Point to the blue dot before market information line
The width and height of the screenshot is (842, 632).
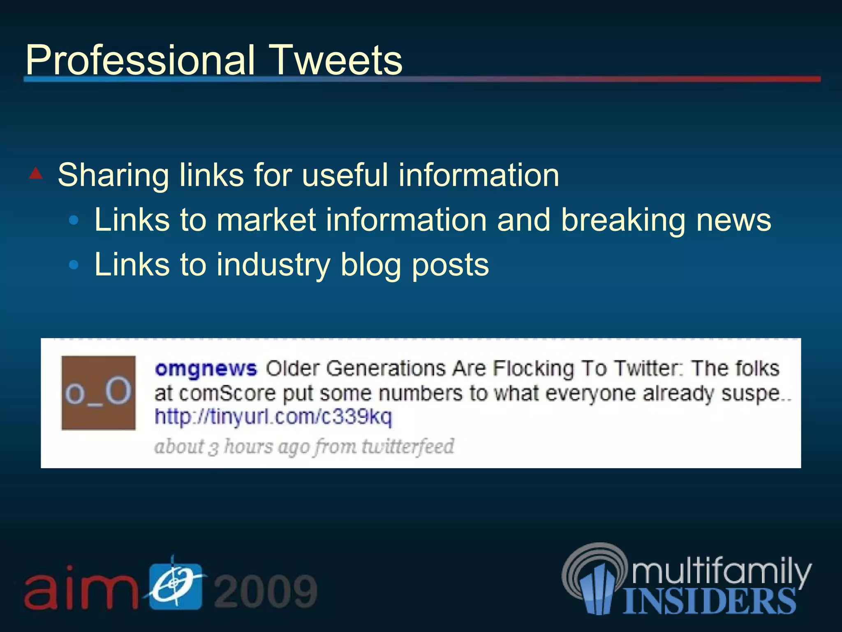pyautogui.click(x=74, y=221)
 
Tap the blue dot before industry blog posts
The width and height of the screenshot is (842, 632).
pyautogui.click(x=74, y=265)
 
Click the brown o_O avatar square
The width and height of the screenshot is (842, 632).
pyautogui.click(x=99, y=393)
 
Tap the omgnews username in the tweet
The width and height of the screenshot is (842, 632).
pyautogui.click(x=206, y=368)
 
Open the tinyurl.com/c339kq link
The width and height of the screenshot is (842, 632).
pyautogui.click(x=273, y=417)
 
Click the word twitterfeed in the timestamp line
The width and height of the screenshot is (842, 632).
pyautogui.click(x=408, y=446)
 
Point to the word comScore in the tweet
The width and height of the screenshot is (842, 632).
pyautogui.click(x=227, y=393)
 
